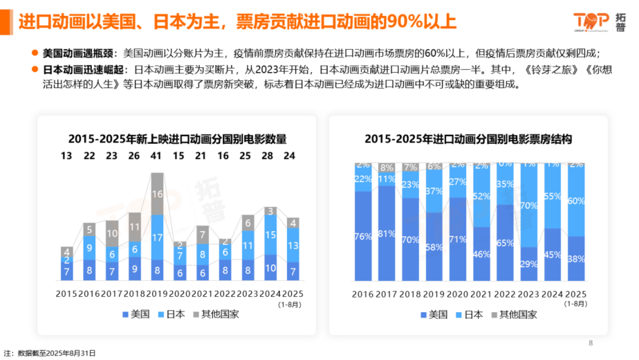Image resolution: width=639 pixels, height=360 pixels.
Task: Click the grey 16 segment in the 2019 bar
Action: tap(157, 194)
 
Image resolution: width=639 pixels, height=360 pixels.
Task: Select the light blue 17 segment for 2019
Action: tap(157, 238)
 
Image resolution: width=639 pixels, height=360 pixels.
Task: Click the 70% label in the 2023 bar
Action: tap(529, 205)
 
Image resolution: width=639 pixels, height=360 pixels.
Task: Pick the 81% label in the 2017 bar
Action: tap(386, 233)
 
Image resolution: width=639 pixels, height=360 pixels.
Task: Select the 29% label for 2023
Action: tap(529, 264)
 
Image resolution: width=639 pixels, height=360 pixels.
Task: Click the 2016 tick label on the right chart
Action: tap(363, 294)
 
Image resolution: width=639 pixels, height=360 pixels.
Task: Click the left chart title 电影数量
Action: tap(177, 139)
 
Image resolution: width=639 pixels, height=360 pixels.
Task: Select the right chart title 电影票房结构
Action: tap(468, 139)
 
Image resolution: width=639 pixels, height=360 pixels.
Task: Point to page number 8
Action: tap(591, 343)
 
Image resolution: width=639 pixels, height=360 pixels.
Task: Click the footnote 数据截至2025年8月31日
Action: tap(57, 353)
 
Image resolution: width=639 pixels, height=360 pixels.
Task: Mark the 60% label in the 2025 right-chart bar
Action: tap(576, 201)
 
